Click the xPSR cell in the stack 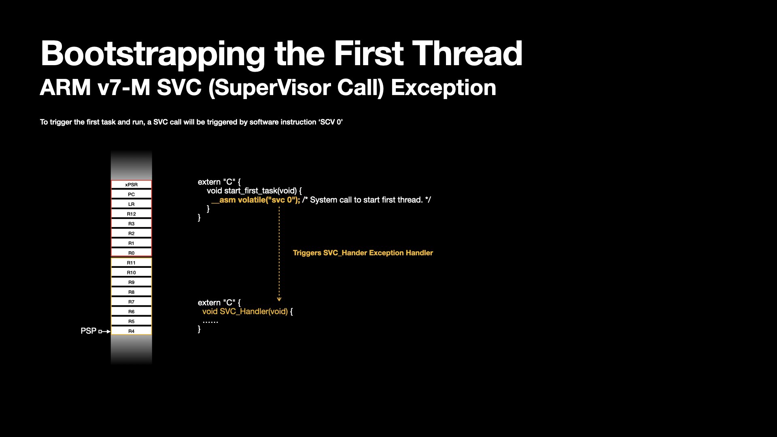pos(132,185)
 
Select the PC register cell pos(132,194)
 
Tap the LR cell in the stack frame pos(132,204)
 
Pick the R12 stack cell pos(132,214)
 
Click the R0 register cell pos(132,253)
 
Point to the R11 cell pos(132,263)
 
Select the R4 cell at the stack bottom pos(132,331)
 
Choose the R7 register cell pos(132,302)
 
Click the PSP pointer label pos(88,331)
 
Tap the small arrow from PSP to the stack pos(104,331)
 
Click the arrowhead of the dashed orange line pos(279,299)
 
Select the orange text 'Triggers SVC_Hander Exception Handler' pos(363,253)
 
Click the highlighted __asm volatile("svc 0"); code pos(256,200)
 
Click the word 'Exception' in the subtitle pos(444,87)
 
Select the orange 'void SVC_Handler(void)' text pos(245,312)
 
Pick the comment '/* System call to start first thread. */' pos(367,200)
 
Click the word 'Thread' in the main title pos(467,53)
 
